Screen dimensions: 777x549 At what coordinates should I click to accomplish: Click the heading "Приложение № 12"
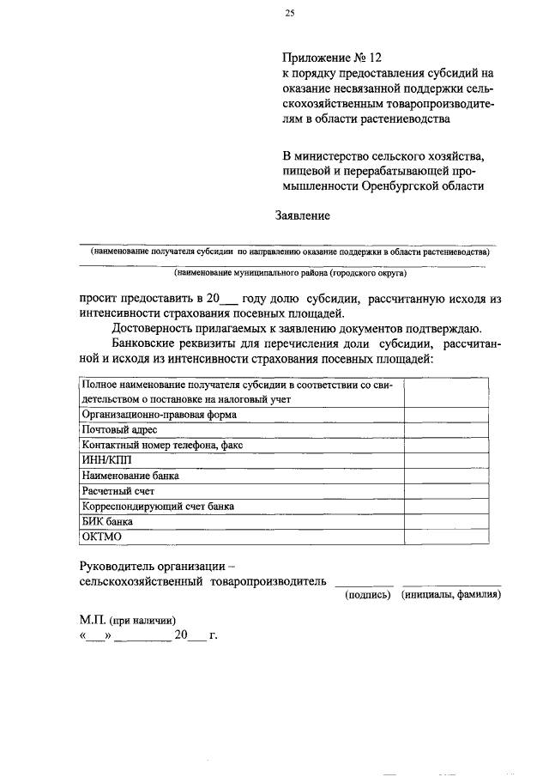(x=332, y=58)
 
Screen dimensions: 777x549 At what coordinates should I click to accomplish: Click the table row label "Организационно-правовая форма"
(x=158, y=414)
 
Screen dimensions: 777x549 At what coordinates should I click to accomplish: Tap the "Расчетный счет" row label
(x=117, y=490)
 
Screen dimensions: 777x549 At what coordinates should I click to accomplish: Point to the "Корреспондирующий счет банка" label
(x=157, y=506)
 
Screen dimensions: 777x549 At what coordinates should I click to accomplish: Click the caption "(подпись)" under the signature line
(x=368, y=594)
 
